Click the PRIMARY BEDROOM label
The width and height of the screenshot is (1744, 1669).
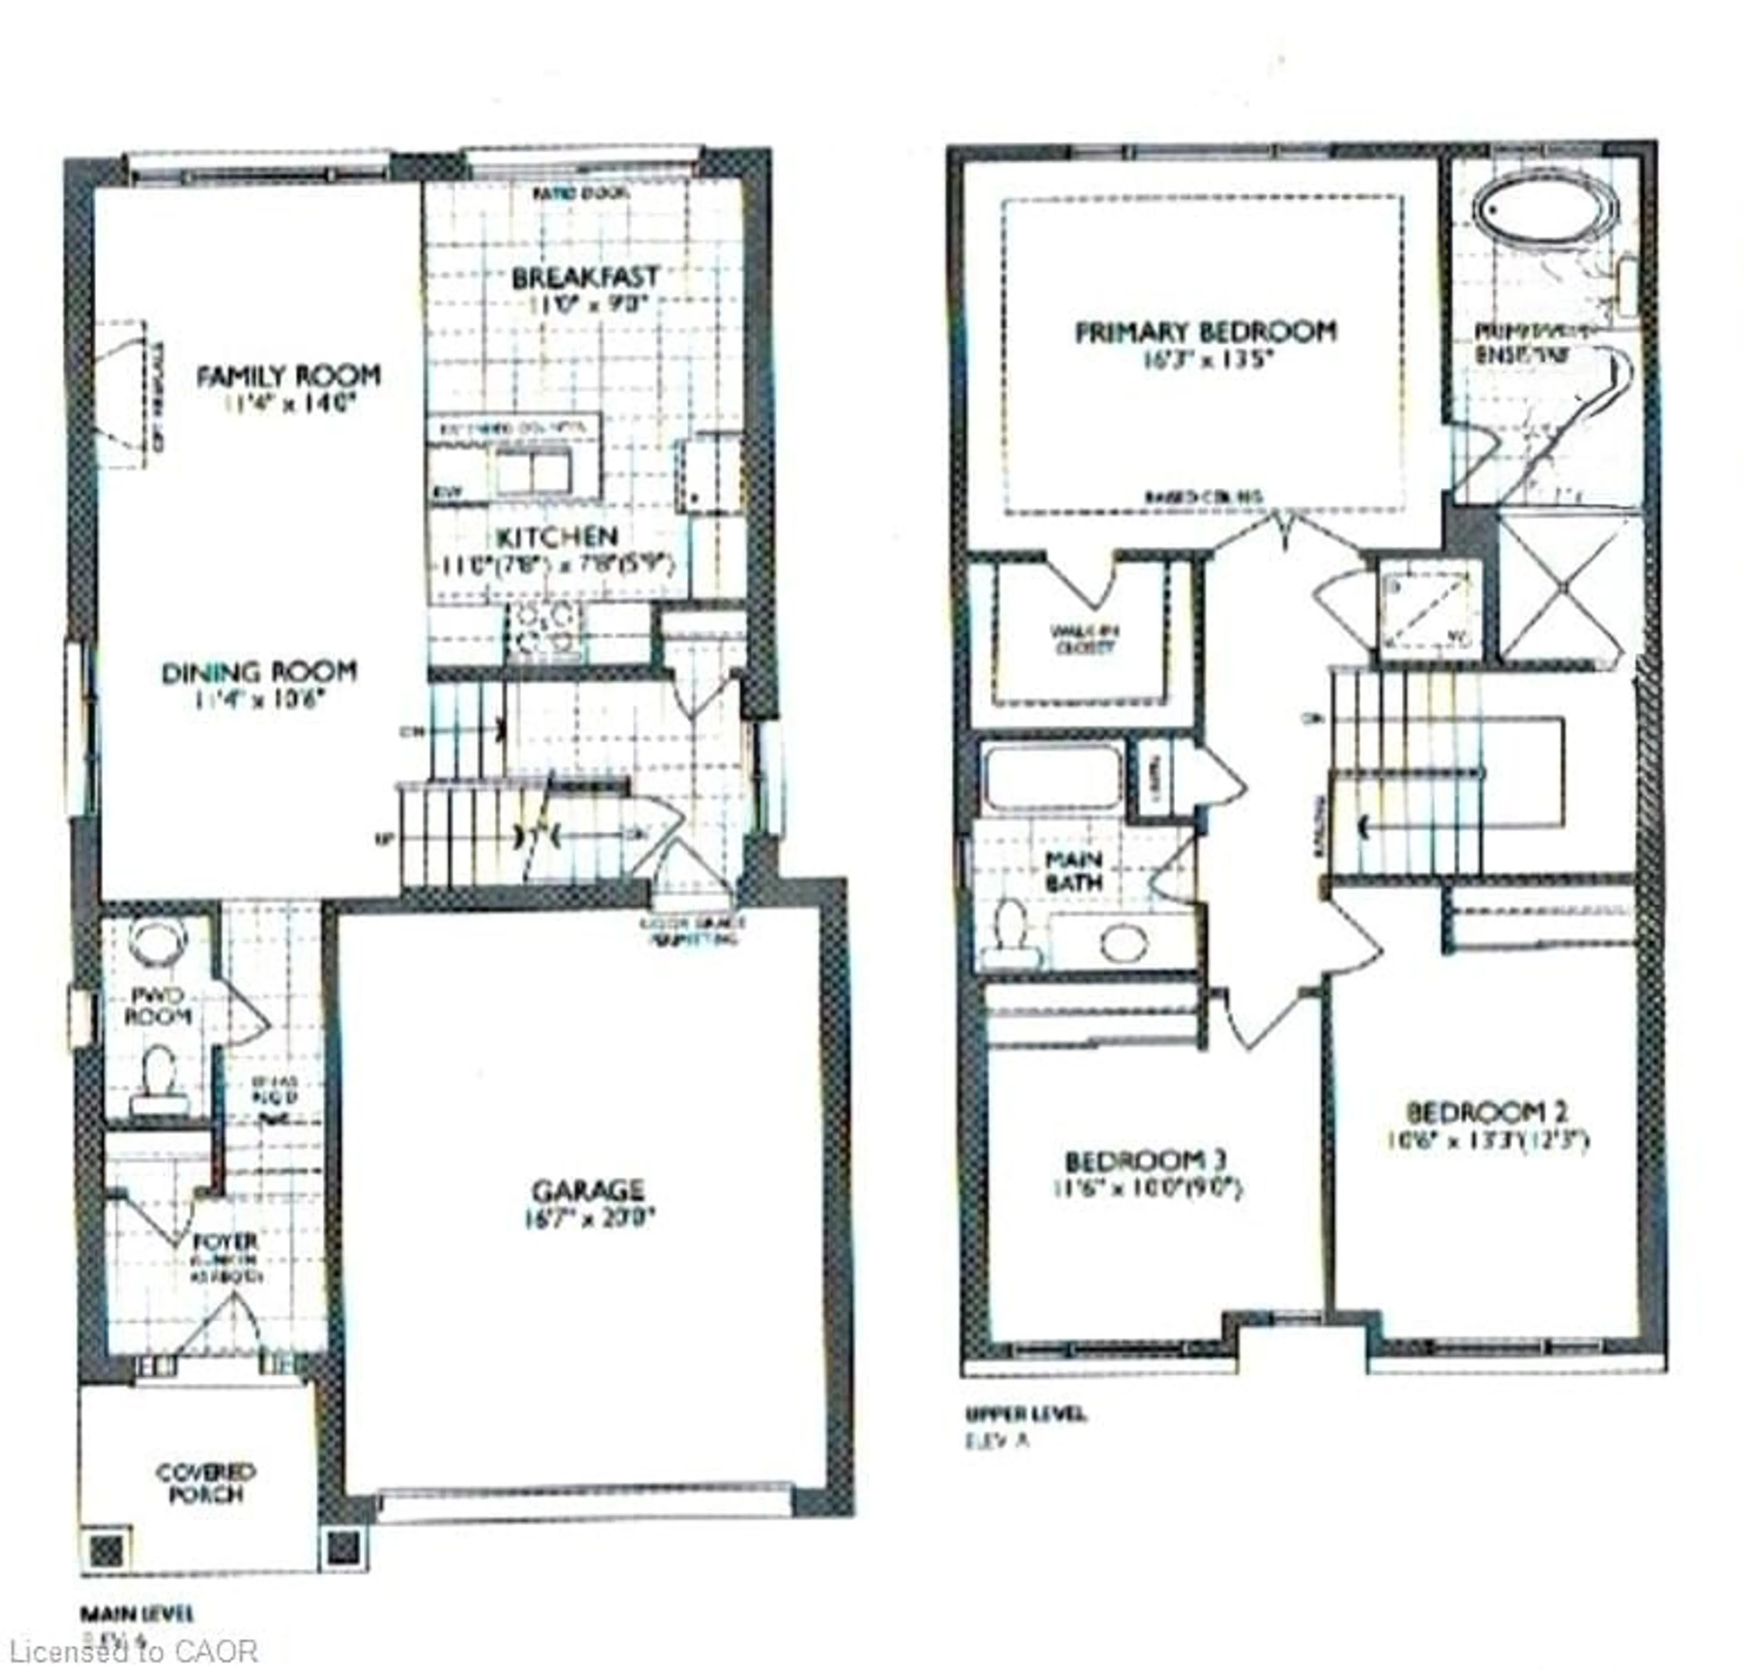click(1206, 333)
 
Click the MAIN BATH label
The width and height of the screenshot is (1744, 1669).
click(1073, 871)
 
